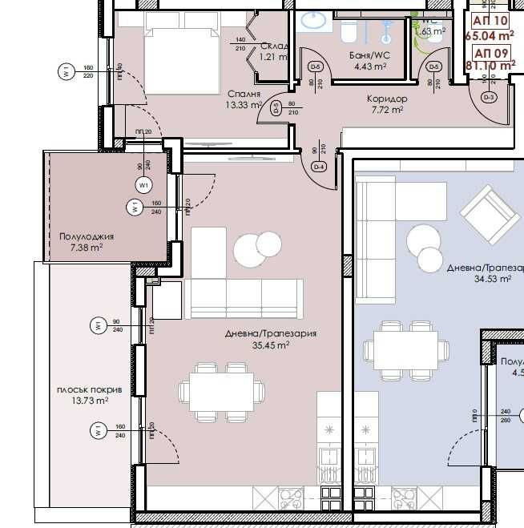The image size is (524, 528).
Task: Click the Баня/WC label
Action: pos(369,56)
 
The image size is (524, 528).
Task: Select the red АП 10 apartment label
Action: pos(490,21)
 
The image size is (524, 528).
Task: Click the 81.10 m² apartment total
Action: pos(494,67)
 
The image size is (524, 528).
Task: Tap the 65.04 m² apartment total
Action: pos(494,35)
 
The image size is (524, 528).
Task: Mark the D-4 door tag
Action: pos(318,167)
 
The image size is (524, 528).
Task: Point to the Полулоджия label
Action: pos(87,237)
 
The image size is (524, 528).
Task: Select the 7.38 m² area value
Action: pos(86,248)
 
